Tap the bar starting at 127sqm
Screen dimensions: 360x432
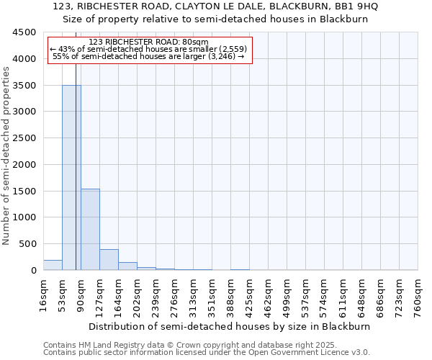109,260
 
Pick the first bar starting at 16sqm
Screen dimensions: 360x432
53,265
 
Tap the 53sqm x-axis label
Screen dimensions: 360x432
62,295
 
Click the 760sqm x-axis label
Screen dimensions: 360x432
418,295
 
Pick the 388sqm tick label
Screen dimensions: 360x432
230,295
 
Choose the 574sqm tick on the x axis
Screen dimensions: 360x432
324,295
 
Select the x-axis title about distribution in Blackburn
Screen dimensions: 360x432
230,326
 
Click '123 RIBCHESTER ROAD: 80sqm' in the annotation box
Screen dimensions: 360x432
149,42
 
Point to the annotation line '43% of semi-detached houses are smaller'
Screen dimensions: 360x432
149,50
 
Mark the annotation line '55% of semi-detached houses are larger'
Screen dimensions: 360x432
149,57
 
